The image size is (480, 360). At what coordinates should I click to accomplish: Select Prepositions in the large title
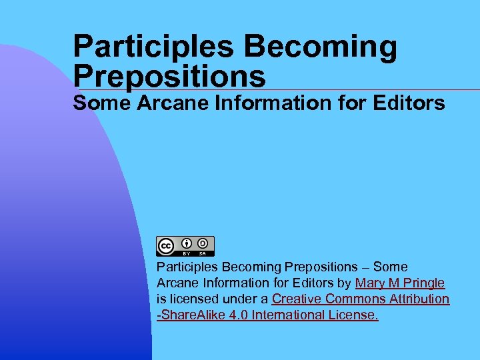169,76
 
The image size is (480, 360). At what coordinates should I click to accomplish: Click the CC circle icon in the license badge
166,246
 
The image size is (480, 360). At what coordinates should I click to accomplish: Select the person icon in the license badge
187,243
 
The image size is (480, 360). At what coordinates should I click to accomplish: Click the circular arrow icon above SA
203,243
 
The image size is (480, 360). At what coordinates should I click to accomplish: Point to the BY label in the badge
187,253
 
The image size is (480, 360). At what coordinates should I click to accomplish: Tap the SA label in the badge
203,253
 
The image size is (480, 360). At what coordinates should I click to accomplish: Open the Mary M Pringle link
400,283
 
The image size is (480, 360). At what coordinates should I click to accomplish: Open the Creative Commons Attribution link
361,299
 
